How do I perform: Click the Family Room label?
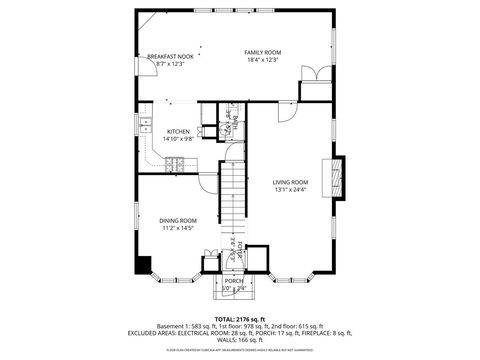pyautogui.click(x=263, y=52)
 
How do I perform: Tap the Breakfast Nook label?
pyautogui.click(x=170, y=56)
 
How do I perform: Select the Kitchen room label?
pyautogui.click(x=178, y=132)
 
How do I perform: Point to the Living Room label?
pyautogui.click(x=290, y=181)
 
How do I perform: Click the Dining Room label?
pyautogui.click(x=177, y=220)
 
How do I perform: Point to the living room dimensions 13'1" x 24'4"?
pyautogui.click(x=290, y=189)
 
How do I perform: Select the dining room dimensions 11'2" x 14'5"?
pyautogui.click(x=177, y=228)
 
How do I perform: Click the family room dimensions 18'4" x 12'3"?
pyautogui.click(x=263, y=60)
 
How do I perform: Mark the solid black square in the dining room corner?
pyautogui.click(x=143, y=264)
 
